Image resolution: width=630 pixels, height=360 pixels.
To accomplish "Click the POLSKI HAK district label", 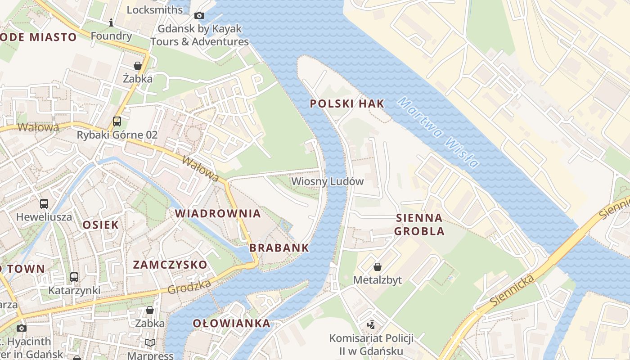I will (347, 103).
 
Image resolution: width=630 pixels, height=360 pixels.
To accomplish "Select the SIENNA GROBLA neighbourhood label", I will (419, 225).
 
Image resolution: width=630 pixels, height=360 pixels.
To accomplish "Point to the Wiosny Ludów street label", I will (327, 181).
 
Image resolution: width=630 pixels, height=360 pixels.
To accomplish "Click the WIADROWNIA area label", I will (218, 213).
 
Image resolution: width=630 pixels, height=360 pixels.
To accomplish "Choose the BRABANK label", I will (279, 247).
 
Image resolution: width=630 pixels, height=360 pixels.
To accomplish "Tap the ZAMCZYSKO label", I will (170, 265).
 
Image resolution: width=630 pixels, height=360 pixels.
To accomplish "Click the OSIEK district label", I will (101, 225).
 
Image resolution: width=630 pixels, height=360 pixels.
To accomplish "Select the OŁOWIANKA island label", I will (232, 323).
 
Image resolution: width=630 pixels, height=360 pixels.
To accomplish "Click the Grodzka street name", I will (189, 287).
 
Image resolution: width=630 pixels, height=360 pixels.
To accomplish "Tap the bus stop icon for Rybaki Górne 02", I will (117, 121).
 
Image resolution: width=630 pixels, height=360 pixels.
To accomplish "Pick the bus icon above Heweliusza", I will (44, 203).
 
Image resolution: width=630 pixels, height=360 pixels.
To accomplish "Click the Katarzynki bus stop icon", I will (74, 277).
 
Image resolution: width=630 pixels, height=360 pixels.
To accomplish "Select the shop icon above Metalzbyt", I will (378, 267).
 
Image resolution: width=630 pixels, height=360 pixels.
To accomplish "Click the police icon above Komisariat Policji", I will (371, 324).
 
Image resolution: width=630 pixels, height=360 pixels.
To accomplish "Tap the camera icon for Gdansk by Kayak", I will (199, 16).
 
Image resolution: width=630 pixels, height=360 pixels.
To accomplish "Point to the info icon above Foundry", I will (111, 22).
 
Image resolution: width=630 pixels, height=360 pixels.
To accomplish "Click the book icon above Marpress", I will (150, 343).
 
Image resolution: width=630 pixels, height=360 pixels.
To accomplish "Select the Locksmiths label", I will (155, 9).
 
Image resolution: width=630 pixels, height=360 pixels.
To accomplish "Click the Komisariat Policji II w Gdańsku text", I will (371, 344).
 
